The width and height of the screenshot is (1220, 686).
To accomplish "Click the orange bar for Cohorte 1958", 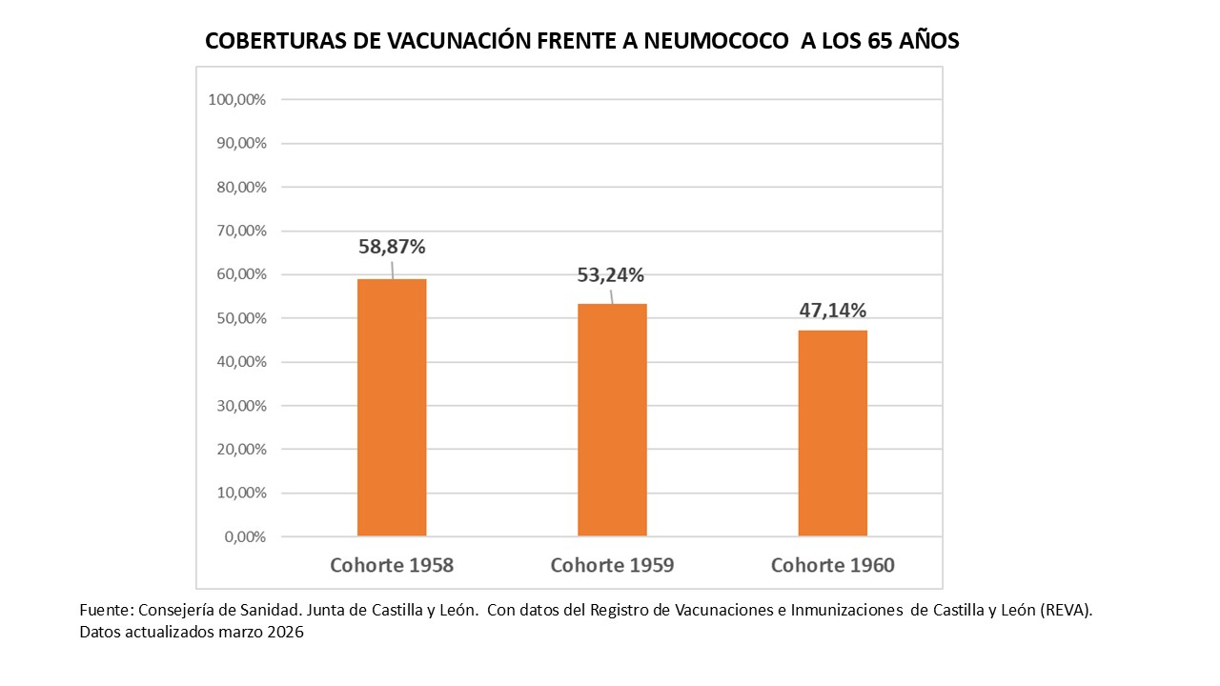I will [x=392, y=408].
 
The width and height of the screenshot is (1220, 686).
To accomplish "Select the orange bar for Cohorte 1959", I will [x=612, y=420].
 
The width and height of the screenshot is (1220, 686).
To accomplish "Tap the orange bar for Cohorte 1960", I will [x=832, y=434].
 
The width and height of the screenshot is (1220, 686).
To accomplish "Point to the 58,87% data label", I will [x=392, y=247].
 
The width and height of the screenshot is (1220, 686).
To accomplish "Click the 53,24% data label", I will [x=611, y=275].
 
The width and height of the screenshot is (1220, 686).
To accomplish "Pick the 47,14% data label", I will [x=832, y=310].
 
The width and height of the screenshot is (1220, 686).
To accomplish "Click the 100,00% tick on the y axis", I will [x=236, y=99].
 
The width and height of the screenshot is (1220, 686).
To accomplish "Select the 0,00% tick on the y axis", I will [x=245, y=536].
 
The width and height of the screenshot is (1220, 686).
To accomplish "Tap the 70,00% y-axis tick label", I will [x=240, y=231].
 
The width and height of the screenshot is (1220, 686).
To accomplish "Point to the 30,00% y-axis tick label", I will [x=240, y=406].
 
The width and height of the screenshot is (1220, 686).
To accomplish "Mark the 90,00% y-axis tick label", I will [x=240, y=143].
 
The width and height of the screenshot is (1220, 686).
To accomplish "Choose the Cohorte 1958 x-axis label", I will [x=392, y=565].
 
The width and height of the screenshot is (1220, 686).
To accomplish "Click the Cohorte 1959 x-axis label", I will [x=612, y=565].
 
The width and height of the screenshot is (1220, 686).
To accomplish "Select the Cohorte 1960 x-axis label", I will [x=832, y=565].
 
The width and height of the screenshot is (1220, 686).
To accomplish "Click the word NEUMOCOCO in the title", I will [x=716, y=42].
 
